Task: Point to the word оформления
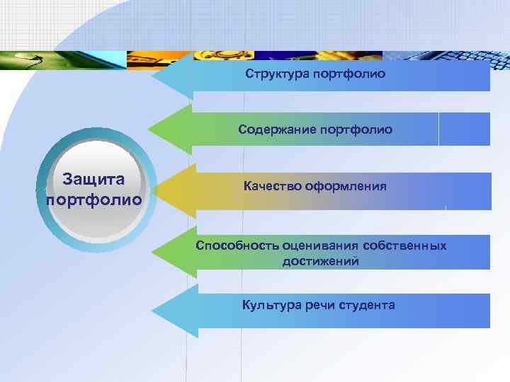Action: tap(346, 186)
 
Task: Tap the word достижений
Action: tap(320, 261)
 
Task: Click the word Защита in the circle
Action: tap(93, 180)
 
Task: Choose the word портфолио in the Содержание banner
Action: tap(356, 130)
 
